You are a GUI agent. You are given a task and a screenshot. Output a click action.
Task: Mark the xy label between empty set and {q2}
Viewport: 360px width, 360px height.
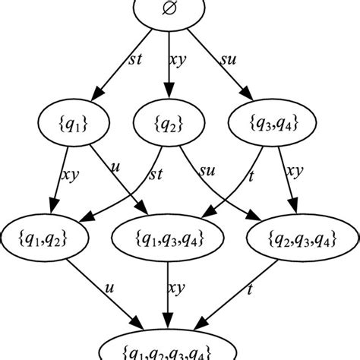[179, 58]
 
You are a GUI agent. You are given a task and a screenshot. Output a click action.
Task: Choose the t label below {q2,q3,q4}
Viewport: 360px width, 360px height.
[250, 290]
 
